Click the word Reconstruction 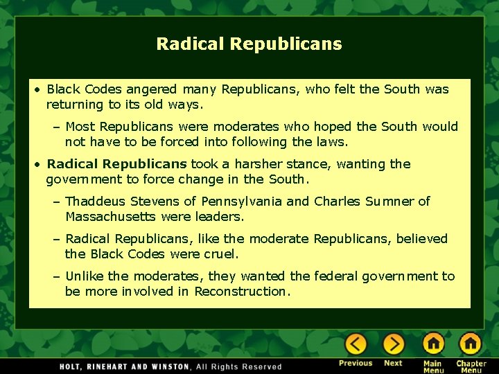click(x=240, y=292)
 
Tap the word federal click(x=335, y=276)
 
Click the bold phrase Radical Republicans click(x=116, y=164)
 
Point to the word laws click(x=331, y=142)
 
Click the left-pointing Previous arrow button click(x=356, y=344)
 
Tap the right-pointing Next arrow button click(x=393, y=344)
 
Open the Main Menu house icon click(x=433, y=344)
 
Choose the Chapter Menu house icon click(x=470, y=344)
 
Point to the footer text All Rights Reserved click(x=239, y=366)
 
